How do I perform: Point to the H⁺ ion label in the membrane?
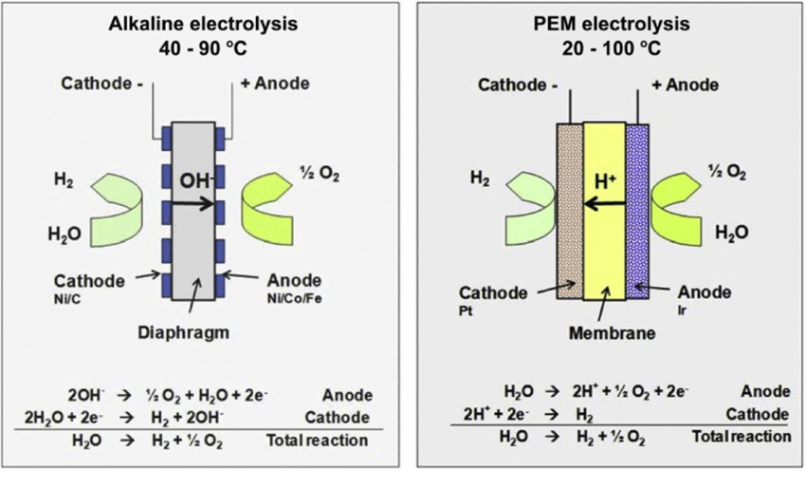tap(604, 181)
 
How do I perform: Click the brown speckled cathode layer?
tap(569, 209)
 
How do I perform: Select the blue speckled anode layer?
tap(637, 209)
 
